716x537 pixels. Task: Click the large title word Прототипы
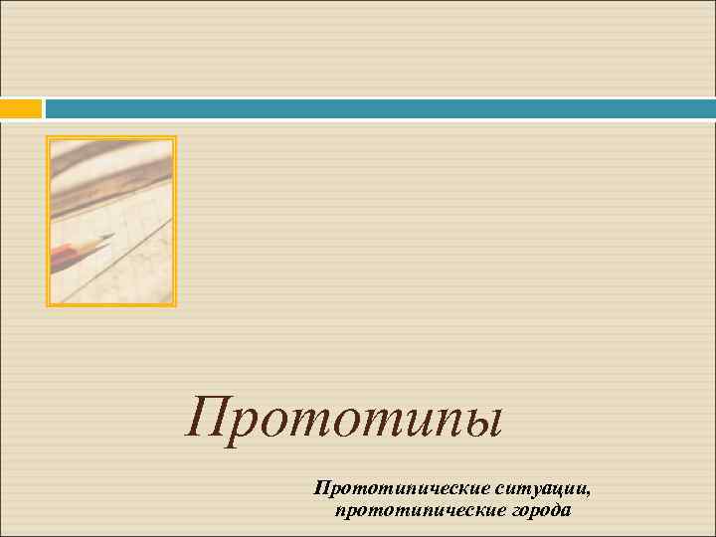(x=344, y=420)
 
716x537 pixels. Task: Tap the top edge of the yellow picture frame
(x=111, y=137)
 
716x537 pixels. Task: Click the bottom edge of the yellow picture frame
(x=111, y=304)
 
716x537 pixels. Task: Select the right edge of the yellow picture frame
(x=175, y=221)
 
